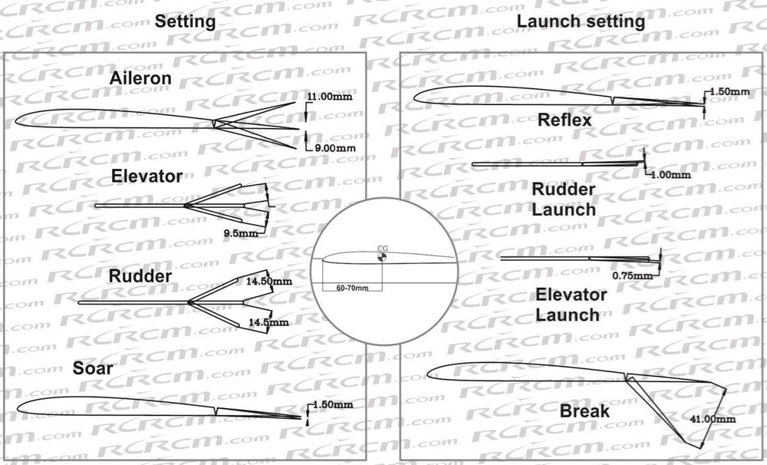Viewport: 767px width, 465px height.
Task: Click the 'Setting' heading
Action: click(x=184, y=21)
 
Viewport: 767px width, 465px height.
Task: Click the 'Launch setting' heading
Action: click(x=581, y=21)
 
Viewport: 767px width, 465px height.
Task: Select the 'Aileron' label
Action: click(x=140, y=79)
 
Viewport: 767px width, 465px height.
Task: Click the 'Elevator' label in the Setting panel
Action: click(x=146, y=176)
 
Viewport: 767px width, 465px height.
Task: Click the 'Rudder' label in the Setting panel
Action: click(x=140, y=276)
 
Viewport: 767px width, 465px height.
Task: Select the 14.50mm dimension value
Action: click(x=268, y=282)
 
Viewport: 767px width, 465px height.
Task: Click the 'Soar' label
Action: click(x=93, y=368)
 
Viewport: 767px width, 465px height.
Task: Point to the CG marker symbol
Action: click(x=382, y=258)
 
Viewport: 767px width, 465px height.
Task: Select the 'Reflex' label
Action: click(x=565, y=120)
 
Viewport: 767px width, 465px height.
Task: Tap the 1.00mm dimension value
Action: click(x=670, y=175)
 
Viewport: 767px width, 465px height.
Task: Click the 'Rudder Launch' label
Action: click(x=564, y=200)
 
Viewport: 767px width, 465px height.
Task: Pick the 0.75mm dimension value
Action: click(x=633, y=275)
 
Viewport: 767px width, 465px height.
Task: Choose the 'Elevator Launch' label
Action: click(x=571, y=305)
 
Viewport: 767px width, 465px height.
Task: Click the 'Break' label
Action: click(x=584, y=411)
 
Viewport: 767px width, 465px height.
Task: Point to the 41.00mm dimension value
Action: click(x=713, y=419)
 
